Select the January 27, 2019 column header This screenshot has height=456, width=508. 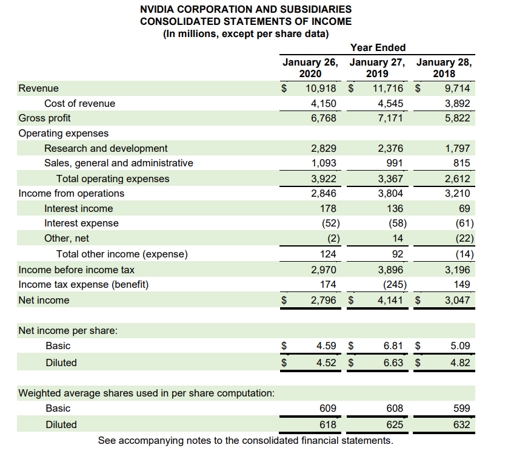(378, 68)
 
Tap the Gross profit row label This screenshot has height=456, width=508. (44, 118)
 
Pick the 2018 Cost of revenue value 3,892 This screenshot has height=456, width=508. (457, 103)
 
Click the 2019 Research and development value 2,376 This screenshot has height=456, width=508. (390, 148)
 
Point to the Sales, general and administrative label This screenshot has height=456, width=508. (119, 163)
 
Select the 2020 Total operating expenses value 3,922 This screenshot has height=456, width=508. (324, 179)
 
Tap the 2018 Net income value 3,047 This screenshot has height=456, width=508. (457, 300)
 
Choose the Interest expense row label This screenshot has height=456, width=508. (81, 223)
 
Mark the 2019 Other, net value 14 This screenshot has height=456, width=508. (397, 238)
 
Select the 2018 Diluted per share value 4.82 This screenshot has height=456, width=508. (461, 362)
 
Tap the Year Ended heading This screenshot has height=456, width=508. (378, 47)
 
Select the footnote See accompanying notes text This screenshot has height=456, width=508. (245, 440)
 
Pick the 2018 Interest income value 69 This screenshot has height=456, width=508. (464, 208)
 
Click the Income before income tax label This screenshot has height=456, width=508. (77, 270)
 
